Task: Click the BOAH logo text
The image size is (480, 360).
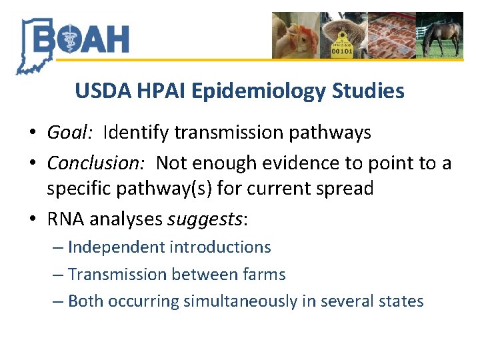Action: pos(80,39)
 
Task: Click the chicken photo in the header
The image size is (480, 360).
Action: pos(296,35)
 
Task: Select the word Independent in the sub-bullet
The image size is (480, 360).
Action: pos(116,247)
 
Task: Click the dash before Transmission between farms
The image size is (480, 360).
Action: pos(58,275)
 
